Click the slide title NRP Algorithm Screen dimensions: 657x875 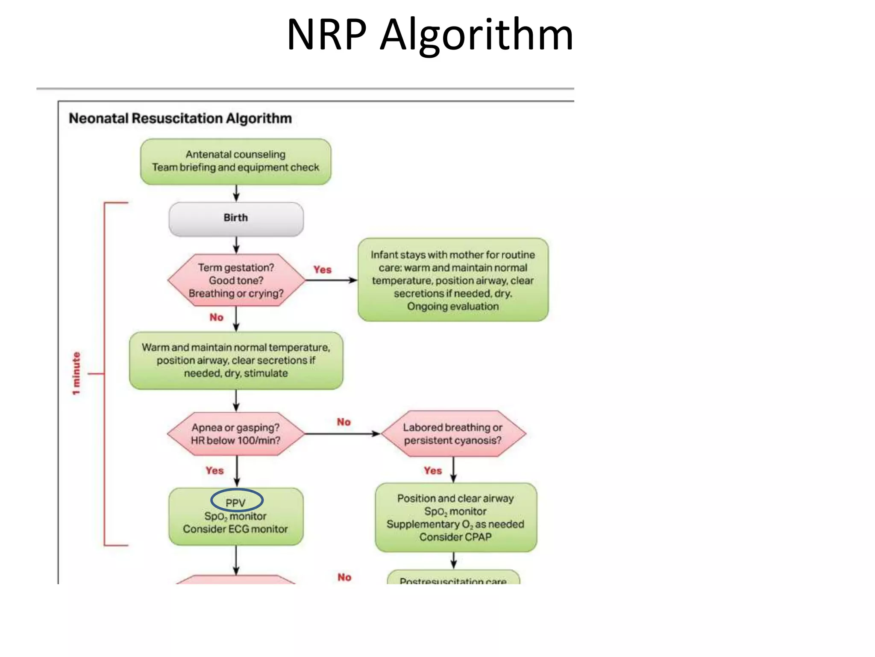click(429, 35)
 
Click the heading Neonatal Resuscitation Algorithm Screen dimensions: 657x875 click(180, 118)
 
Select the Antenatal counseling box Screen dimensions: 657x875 click(235, 161)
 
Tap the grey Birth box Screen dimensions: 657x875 click(236, 219)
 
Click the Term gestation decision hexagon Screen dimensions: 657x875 click(236, 280)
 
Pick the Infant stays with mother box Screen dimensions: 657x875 click(452, 280)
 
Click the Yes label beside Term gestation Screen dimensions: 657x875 click(322, 270)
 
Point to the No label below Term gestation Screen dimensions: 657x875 click(216, 317)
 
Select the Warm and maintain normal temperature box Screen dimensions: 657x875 click(236, 360)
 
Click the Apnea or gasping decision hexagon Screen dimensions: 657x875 click(236, 434)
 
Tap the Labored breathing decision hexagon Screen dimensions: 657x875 click(452, 434)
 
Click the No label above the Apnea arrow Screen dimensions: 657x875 click(344, 422)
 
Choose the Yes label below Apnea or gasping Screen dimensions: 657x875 click(214, 471)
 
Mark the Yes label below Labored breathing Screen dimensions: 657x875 click(432, 471)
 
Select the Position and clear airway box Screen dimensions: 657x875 click(455, 518)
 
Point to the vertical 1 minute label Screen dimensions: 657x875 click(76, 373)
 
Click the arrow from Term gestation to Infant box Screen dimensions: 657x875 click(331, 280)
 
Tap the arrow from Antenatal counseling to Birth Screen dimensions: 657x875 click(236, 193)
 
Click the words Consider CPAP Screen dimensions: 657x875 click(455, 537)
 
